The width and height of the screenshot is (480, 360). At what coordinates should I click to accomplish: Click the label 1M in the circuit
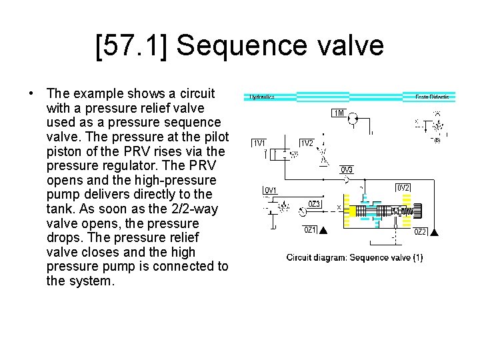(339, 113)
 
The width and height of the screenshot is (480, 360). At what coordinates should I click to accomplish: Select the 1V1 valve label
(259, 143)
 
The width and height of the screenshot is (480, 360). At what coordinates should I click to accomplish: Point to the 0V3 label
(347, 169)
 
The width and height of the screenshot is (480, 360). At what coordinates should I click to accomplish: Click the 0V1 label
(272, 191)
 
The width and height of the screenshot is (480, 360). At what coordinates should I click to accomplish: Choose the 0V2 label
(404, 188)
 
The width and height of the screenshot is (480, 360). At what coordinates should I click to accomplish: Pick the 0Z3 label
(315, 204)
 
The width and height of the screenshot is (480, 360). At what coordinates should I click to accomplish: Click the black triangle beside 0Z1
(323, 231)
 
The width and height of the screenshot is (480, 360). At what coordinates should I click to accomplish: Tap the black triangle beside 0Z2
(435, 232)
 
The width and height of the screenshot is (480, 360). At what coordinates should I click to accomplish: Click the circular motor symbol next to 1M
(353, 118)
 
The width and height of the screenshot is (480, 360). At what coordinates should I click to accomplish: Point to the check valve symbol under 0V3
(347, 180)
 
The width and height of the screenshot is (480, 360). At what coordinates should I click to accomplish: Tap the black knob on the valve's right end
(418, 211)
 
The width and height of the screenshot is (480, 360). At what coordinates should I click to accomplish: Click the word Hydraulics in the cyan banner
(262, 97)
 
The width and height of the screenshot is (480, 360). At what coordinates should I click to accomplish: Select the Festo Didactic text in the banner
(432, 97)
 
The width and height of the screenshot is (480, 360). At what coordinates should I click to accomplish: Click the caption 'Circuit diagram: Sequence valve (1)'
(353, 257)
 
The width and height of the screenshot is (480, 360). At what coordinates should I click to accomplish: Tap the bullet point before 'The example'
(31, 93)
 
